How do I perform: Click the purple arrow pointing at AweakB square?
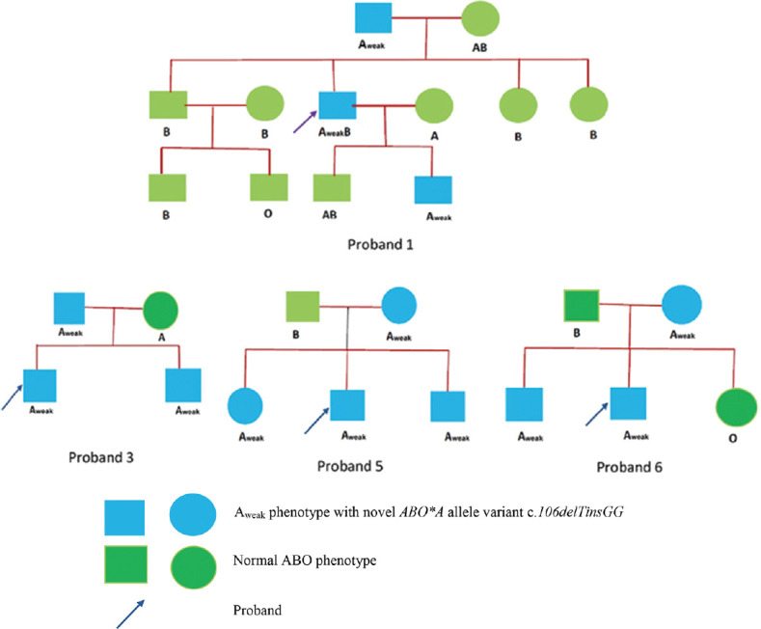pos(306,122)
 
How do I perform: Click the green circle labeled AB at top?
pos(480,19)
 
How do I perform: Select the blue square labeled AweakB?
pos(338,105)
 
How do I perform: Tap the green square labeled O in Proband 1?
pos(269,187)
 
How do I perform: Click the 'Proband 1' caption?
pos(380,244)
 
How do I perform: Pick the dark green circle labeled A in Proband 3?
pos(161,311)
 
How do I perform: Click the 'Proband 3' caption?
pos(101,457)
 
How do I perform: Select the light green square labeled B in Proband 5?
pos(303,306)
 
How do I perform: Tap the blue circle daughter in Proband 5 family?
pos(245,406)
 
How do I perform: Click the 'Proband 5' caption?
pos(350,466)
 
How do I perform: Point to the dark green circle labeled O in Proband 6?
pos(736,408)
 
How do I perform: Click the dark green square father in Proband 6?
pos(582,306)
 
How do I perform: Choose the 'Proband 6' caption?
pos(629,467)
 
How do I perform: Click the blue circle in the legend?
pos(193,515)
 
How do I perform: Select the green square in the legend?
pos(125,564)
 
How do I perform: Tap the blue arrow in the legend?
pos(130,614)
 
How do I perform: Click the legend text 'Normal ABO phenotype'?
pos(305,561)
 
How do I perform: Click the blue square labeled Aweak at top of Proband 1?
pos(373,18)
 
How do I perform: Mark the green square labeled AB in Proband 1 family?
pos(332,188)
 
